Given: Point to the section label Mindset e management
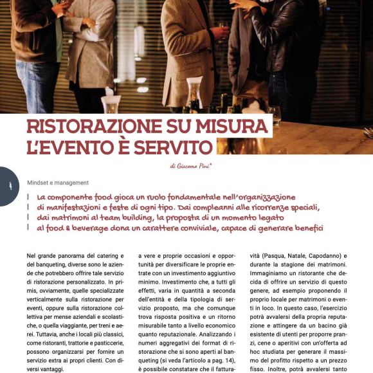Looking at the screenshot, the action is click(x=58, y=183).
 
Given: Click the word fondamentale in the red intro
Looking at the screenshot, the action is click(x=208, y=197).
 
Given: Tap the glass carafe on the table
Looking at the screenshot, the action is click(x=193, y=96).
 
